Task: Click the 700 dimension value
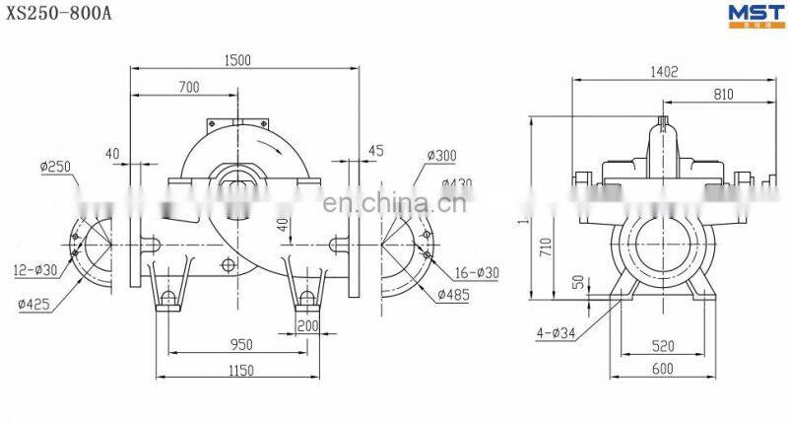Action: [x=188, y=88]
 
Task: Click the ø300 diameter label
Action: [x=442, y=156]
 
